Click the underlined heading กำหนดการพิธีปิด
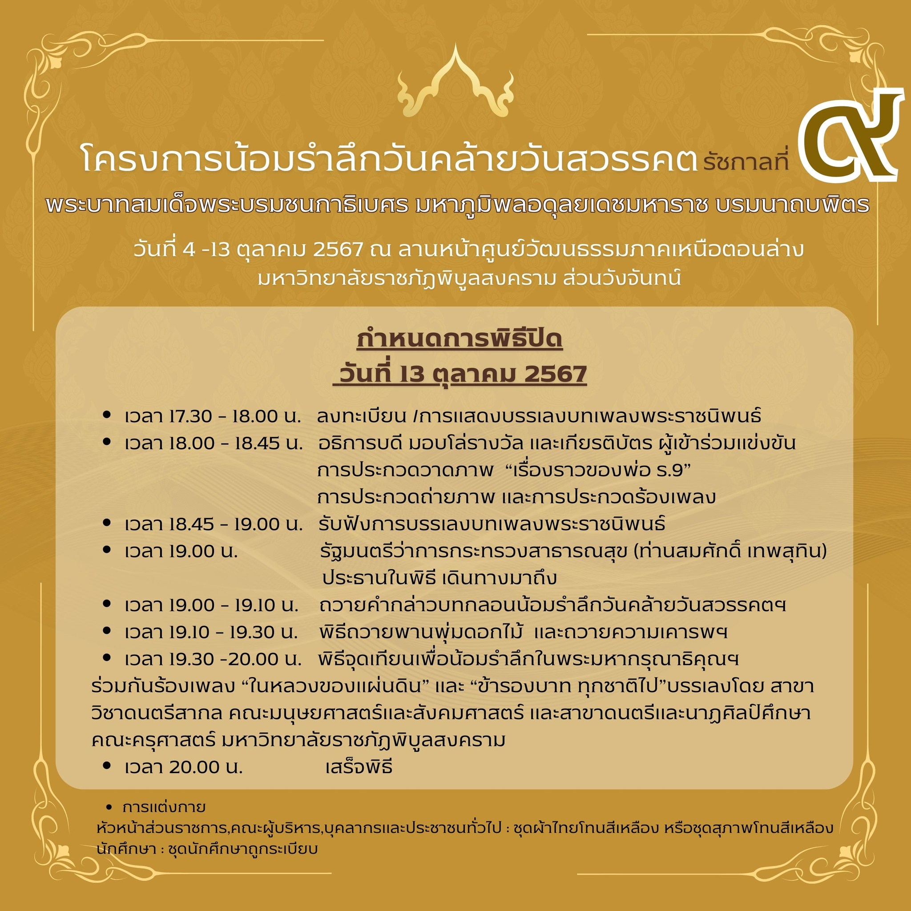(460, 340)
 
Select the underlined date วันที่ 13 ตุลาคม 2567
(460, 375)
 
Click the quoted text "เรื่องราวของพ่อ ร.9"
(601, 470)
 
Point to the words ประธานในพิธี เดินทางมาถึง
(439, 578)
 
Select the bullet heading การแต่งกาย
(164, 807)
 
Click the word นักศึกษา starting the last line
(126, 849)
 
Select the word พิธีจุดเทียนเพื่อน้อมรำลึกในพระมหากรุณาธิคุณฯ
(528, 659)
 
